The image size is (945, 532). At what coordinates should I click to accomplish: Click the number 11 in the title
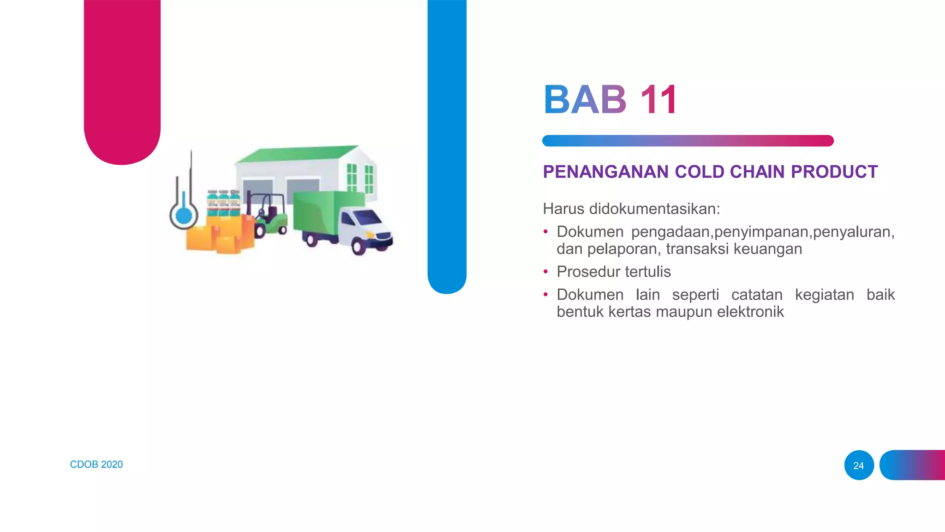tap(658, 100)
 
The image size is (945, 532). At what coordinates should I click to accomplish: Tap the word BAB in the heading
tap(585, 100)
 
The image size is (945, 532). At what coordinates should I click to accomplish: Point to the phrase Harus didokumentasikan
tap(631, 209)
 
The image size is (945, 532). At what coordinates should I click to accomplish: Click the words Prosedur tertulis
tap(613, 272)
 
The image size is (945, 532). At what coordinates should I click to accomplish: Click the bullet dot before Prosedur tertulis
tap(546, 272)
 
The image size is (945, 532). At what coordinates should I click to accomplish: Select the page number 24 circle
tap(858, 465)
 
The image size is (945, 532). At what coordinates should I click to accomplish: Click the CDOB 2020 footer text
tap(96, 465)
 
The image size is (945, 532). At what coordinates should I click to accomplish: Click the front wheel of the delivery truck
tap(359, 246)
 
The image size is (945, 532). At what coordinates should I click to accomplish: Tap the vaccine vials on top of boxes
tap(223, 203)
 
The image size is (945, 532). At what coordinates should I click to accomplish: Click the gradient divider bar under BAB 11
tap(688, 141)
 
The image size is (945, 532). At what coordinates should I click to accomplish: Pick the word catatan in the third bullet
tap(757, 295)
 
